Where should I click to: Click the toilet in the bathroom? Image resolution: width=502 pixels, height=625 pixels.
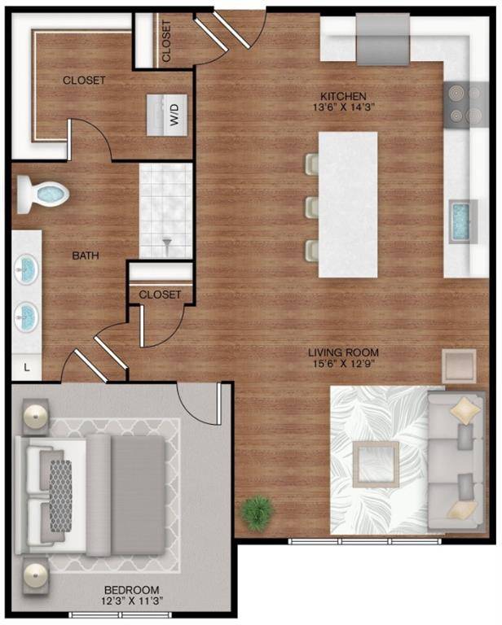pyautogui.click(x=45, y=194)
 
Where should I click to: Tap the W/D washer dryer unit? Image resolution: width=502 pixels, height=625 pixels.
pyautogui.click(x=168, y=114)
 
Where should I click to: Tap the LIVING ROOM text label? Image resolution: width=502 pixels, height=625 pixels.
pyautogui.click(x=344, y=352)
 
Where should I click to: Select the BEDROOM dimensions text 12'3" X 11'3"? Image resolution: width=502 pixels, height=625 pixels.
pyautogui.click(x=131, y=601)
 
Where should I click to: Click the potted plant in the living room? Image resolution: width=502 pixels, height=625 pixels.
pyautogui.click(x=258, y=513)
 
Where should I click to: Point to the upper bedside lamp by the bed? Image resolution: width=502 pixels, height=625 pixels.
pyautogui.click(x=37, y=417)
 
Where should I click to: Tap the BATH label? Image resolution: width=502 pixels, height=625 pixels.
pyautogui.click(x=86, y=256)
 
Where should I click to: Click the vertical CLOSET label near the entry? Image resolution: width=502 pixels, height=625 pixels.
pyautogui.click(x=167, y=42)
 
